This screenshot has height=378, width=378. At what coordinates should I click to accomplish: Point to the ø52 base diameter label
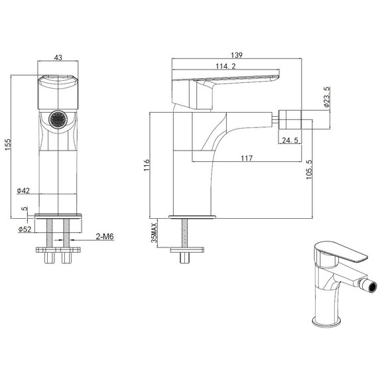pyautogui.click(x=25, y=230)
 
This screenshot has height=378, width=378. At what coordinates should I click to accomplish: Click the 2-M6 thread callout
pyautogui.click(x=105, y=236)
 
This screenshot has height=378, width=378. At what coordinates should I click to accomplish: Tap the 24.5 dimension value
pyautogui.click(x=289, y=141)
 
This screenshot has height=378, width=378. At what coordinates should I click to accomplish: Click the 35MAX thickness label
pyautogui.click(x=154, y=234)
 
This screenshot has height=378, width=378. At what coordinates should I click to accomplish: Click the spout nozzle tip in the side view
pyautogui.click(x=294, y=121)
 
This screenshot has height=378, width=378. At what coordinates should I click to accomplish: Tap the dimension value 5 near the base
pyautogui.click(x=25, y=210)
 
